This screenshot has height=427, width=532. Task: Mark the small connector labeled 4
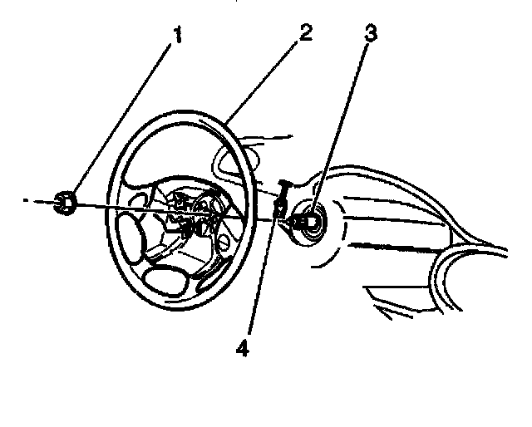pos(281,205)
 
